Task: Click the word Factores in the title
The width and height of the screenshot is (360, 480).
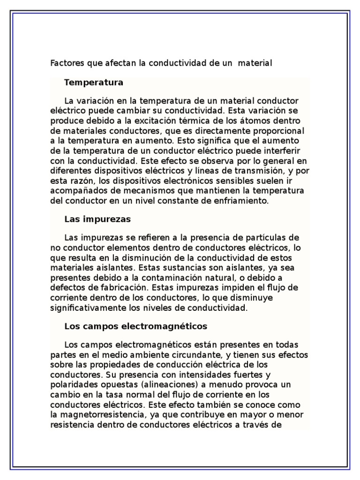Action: click(65, 63)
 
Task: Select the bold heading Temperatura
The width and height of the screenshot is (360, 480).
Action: click(94, 82)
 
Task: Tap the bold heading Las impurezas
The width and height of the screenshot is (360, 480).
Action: click(97, 219)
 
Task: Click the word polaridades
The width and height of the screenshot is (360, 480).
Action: click(71, 384)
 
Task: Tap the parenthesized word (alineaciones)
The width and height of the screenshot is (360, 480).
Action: click(147, 384)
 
